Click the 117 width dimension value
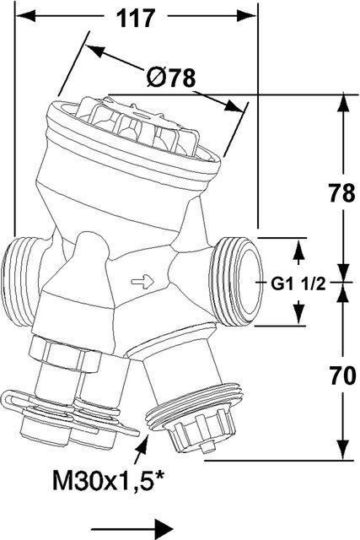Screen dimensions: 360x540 tap(136, 19)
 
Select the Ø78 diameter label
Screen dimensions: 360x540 tap(170, 78)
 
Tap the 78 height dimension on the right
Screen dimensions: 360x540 tap(341, 193)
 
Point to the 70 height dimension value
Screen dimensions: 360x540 tap(341, 375)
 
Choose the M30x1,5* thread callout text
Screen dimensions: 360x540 tap(109, 480)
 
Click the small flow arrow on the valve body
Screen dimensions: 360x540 tap(142, 282)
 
